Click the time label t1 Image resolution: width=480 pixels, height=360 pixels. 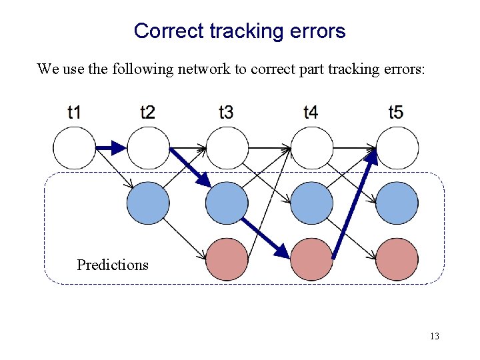[74, 112]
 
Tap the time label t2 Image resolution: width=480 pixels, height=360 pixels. [147, 112]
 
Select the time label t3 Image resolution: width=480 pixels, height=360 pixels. [226, 112]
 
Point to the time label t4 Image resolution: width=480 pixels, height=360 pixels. [310, 112]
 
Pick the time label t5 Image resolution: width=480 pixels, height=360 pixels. [395, 112]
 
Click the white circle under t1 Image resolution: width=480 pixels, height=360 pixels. [74, 148]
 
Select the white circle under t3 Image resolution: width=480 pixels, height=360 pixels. [227, 148]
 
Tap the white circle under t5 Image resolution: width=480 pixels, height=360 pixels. [397, 148]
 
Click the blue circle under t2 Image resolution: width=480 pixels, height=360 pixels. [147, 203]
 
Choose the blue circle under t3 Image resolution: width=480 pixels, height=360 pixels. [227, 203]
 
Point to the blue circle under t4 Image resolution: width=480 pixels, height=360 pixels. [311, 203]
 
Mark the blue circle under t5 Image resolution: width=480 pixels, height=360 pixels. [397, 203]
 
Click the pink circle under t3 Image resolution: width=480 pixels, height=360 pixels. [227, 259]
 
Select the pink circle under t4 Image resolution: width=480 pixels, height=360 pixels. [311, 259]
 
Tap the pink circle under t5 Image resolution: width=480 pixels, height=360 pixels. [397, 259]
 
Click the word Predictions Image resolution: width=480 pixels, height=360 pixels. [113, 265]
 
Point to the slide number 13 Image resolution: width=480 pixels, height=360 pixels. [434, 336]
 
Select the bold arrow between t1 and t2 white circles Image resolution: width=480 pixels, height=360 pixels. [110, 148]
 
